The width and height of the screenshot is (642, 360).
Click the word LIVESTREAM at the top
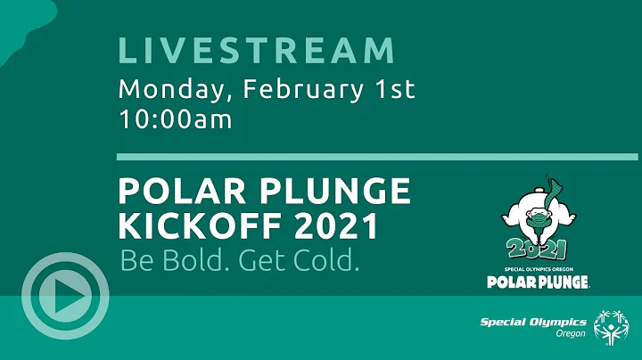(x=257, y=50)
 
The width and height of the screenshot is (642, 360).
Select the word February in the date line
(x=289, y=89)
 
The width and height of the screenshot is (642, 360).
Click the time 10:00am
(x=176, y=119)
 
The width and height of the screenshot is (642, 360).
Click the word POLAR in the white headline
(x=173, y=192)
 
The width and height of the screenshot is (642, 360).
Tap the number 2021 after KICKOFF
(x=335, y=226)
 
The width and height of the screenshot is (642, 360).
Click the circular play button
(x=65, y=300)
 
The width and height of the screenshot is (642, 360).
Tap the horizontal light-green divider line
(x=377, y=157)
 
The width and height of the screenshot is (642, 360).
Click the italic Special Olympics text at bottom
(x=533, y=323)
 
